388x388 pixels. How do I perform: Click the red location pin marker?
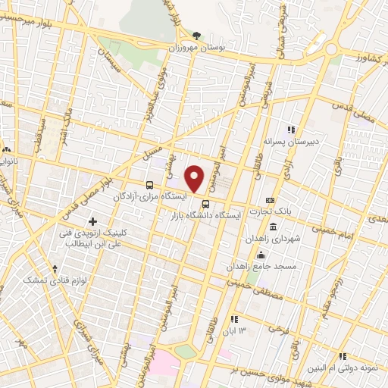point(195,179)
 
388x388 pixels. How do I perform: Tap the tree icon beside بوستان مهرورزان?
point(197,35)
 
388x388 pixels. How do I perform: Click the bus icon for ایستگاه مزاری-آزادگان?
point(150,184)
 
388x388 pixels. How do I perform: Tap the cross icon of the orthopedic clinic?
point(92,222)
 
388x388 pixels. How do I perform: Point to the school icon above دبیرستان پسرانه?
point(289,130)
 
